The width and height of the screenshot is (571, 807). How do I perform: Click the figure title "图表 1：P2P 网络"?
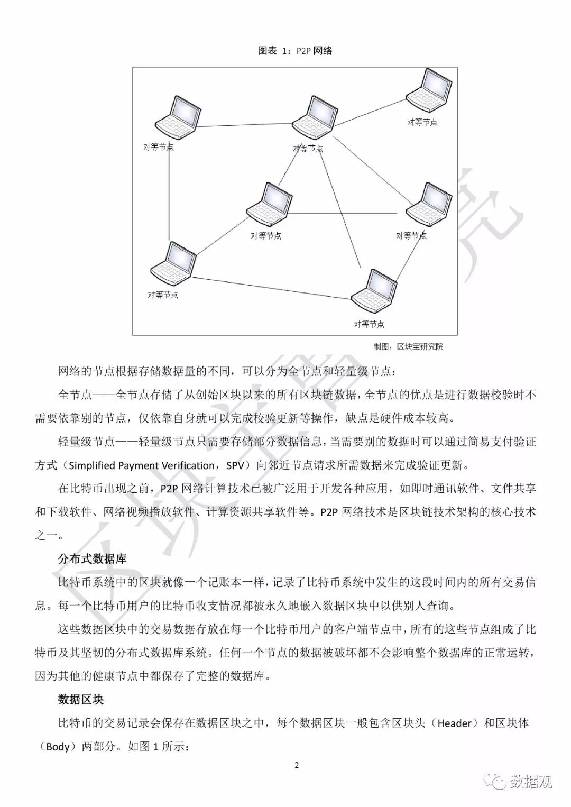[x=295, y=51]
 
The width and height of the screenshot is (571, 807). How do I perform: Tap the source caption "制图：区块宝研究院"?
[x=408, y=346]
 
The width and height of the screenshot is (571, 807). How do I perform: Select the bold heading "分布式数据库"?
[x=92, y=558]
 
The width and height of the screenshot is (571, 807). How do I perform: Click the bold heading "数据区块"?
[x=80, y=699]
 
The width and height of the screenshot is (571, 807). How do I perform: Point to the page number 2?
[x=297, y=765]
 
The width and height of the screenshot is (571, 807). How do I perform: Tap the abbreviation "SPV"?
[x=236, y=465]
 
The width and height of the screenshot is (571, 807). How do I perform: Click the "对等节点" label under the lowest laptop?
[x=369, y=324]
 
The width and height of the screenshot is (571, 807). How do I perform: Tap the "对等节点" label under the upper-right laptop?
[x=422, y=122]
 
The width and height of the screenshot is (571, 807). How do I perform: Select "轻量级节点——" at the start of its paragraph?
[x=97, y=442]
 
